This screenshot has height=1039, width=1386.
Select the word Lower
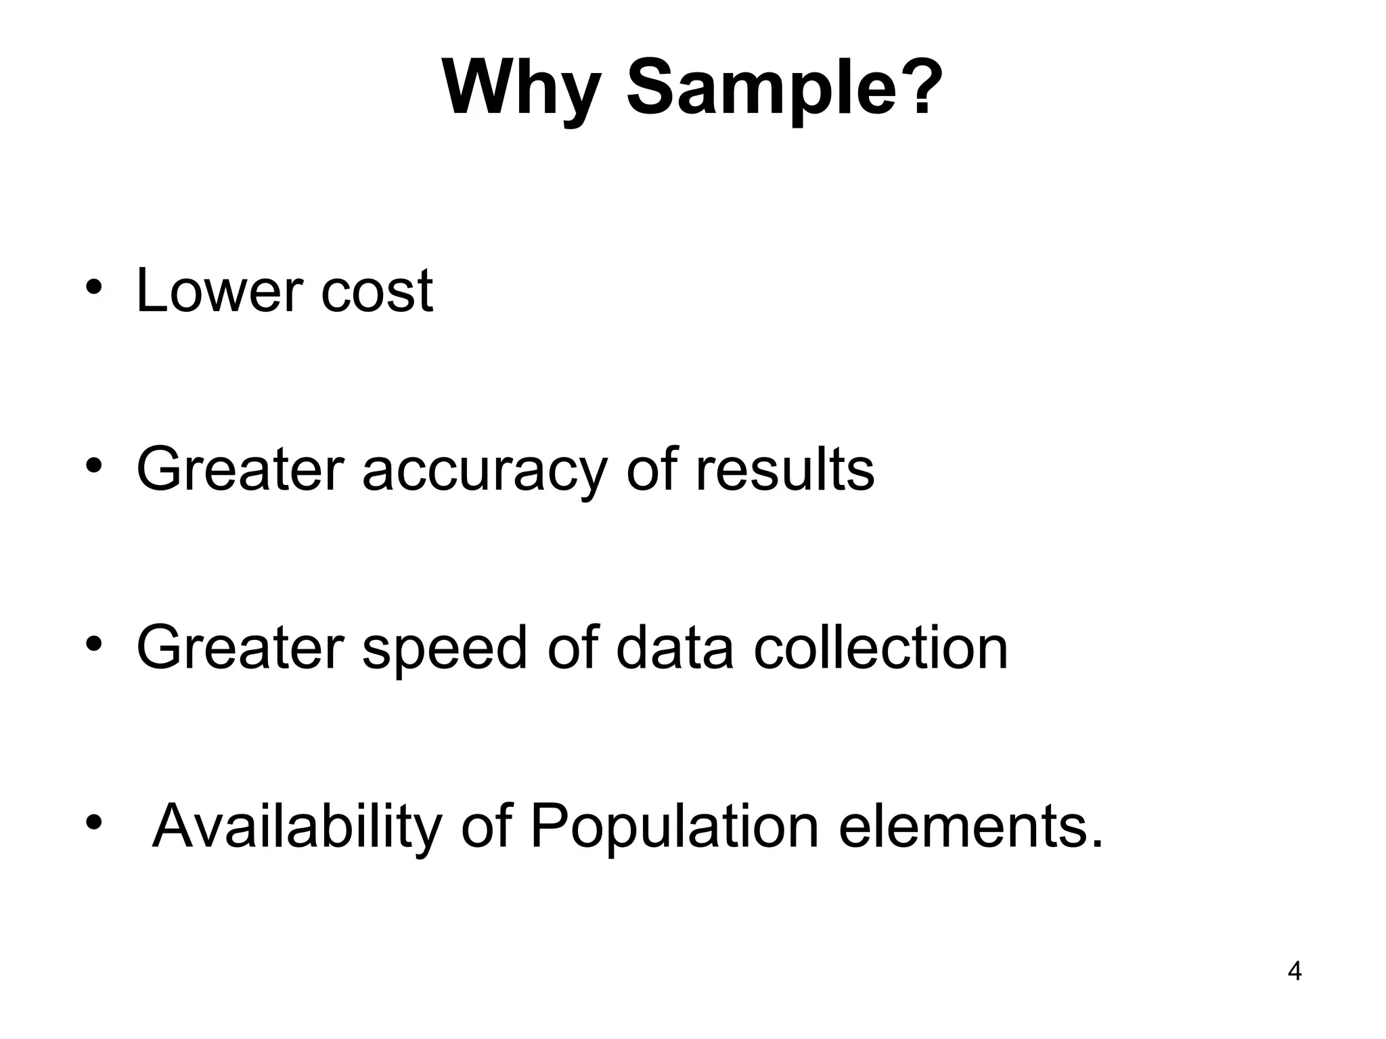[219, 291]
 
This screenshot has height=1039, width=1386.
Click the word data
[675, 648]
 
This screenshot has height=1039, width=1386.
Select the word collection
[880, 648]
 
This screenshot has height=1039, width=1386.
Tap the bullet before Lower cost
[93, 287]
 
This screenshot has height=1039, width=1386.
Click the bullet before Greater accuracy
[93, 465]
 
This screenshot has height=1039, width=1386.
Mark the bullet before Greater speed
[93, 644]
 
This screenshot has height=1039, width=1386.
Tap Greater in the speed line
[240, 648]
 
